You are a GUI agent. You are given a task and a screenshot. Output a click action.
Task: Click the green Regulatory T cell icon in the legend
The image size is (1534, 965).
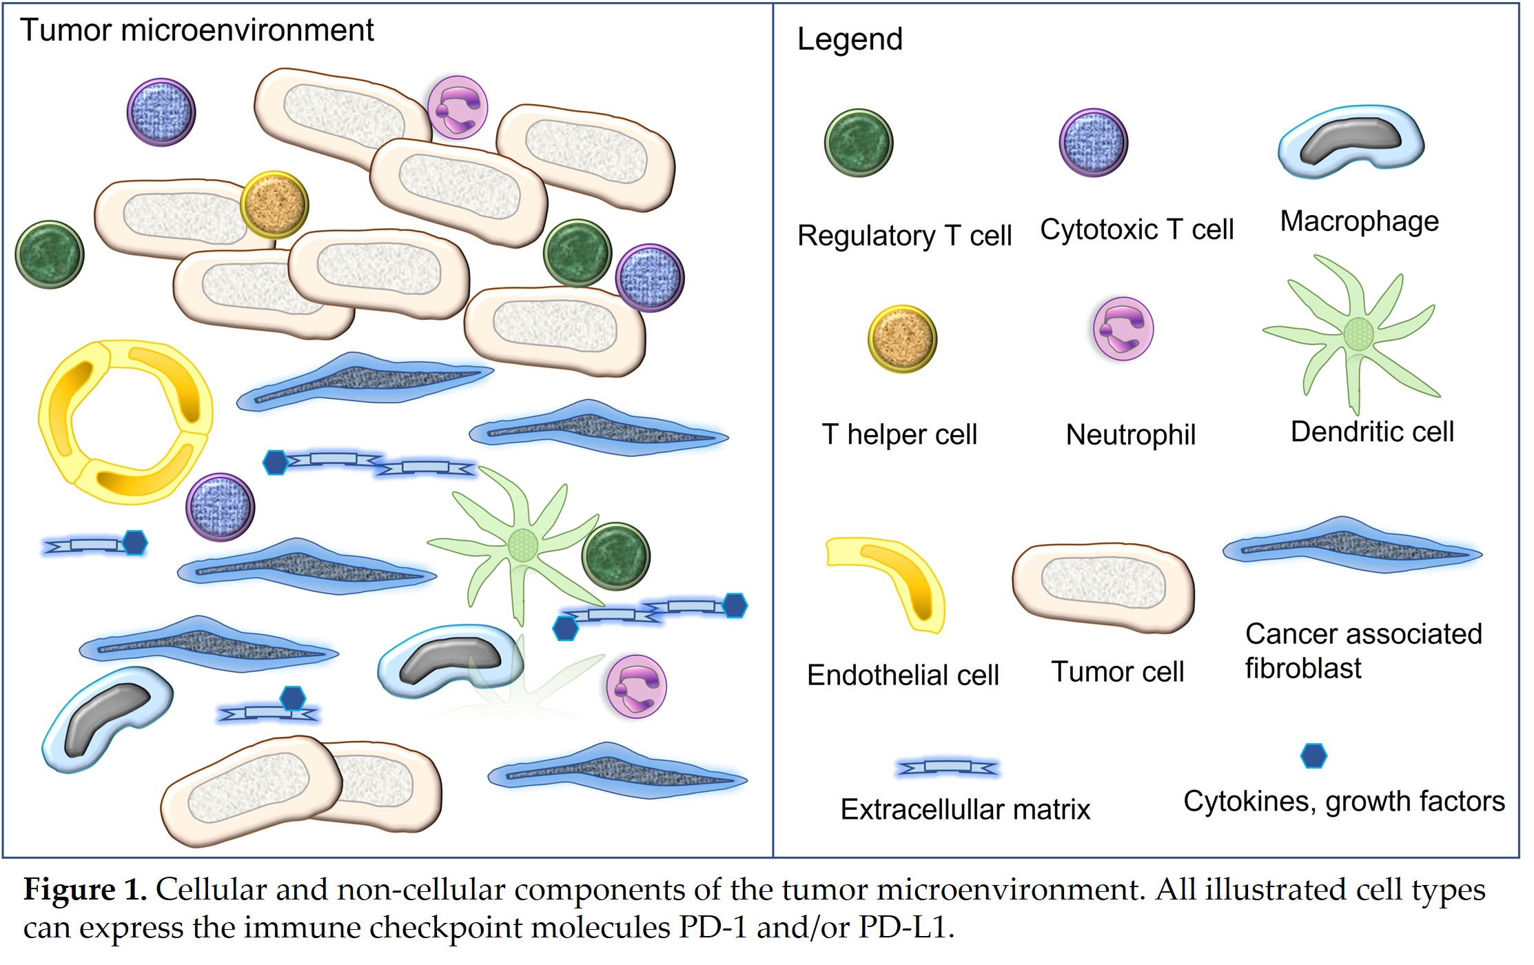tap(858, 143)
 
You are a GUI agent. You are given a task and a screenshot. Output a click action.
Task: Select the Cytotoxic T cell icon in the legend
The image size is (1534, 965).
tap(1093, 143)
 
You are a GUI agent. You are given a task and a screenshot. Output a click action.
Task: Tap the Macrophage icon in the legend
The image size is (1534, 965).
tap(1351, 141)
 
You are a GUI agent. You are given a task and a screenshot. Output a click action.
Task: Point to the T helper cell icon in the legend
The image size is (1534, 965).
tap(902, 339)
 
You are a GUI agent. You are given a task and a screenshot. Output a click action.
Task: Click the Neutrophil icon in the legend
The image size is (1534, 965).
tap(1123, 329)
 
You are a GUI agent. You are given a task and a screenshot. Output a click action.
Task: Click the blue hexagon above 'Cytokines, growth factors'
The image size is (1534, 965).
tap(1313, 755)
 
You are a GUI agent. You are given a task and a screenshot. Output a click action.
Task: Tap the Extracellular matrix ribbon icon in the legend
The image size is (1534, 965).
tap(948, 767)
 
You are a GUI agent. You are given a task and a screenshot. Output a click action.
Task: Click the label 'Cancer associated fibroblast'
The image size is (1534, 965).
tap(1362, 651)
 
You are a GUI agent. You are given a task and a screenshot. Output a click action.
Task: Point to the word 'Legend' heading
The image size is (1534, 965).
tap(849, 39)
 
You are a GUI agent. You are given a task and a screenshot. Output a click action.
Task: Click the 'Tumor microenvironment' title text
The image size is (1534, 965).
tap(196, 30)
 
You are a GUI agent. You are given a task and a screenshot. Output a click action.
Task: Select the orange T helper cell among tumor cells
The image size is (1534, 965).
tap(274, 205)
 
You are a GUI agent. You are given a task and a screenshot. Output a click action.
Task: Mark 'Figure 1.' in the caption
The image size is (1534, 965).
tap(85, 890)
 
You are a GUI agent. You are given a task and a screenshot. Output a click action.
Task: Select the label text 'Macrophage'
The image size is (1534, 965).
tap(1359, 221)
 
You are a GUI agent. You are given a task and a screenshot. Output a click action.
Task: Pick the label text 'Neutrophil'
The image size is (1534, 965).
tap(1130, 435)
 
